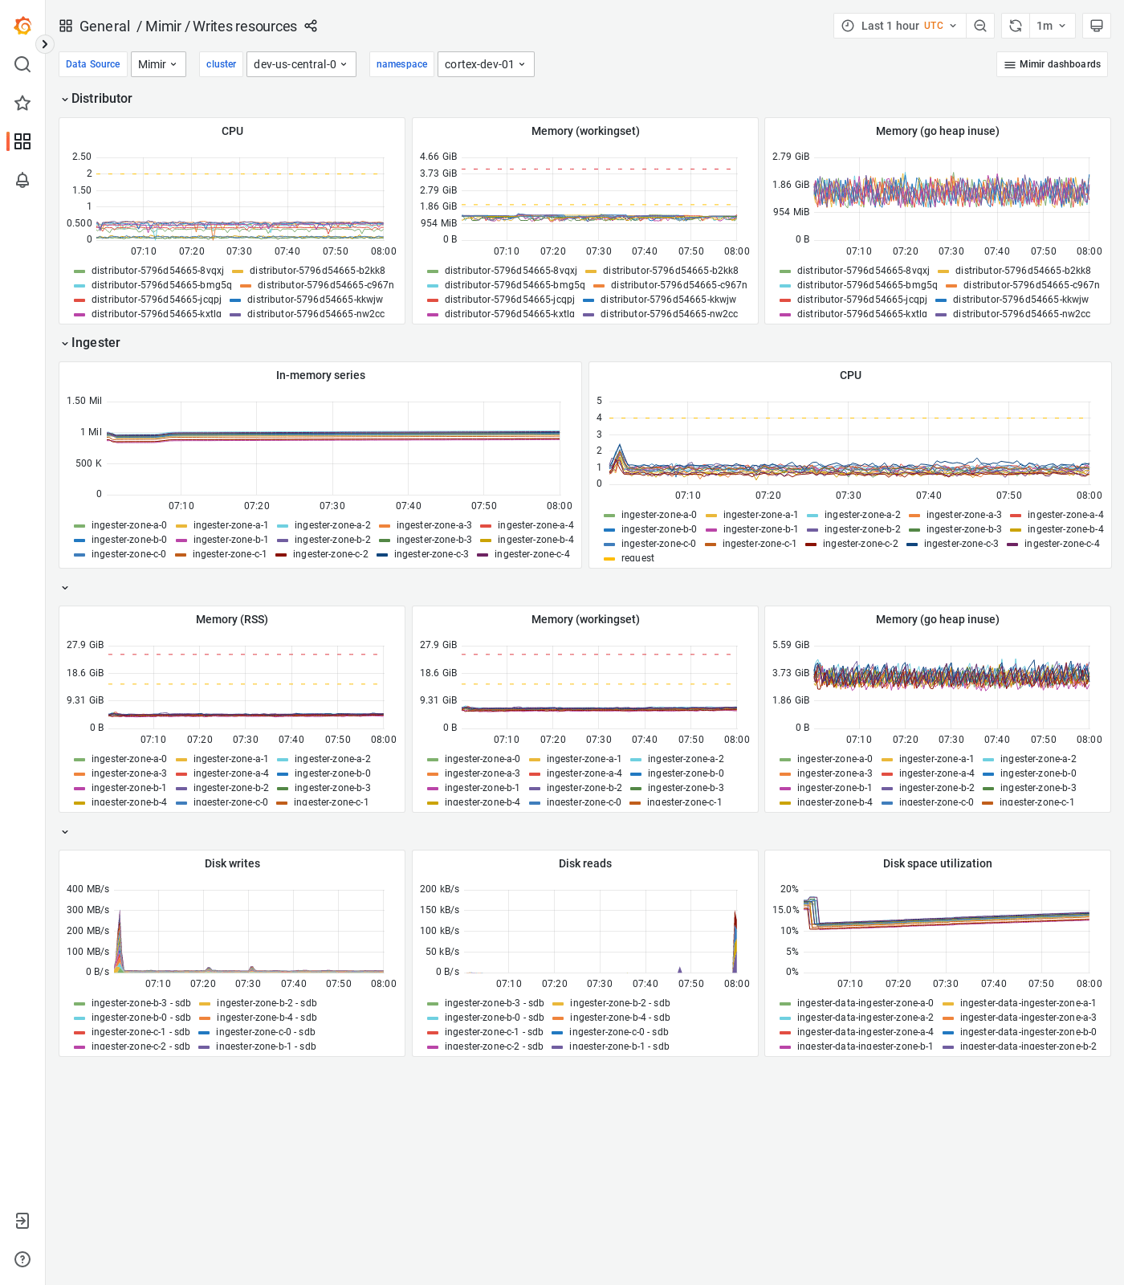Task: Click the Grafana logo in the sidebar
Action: click(22, 26)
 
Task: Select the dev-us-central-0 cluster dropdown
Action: click(300, 64)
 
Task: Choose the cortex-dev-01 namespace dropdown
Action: click(485, 64)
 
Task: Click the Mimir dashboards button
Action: click(1052, 64)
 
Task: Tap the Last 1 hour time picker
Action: click(899, 26)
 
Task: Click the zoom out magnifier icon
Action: click(980, 26)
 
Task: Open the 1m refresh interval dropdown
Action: click(1051, 26)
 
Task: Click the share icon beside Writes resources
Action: click(311, 26)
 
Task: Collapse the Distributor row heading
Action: click(101, 98)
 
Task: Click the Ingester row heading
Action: click(95, 342)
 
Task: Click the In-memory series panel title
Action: click(320, 375)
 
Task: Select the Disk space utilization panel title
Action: click(937, 863)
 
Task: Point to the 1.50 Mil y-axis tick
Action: click(84, 401)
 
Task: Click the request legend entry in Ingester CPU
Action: click(637, 558)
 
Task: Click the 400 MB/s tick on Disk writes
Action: click(88, 889)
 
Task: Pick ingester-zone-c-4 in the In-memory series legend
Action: click(531, 554)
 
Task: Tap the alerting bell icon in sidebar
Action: click(22, 180)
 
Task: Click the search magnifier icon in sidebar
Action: click(22, 64)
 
